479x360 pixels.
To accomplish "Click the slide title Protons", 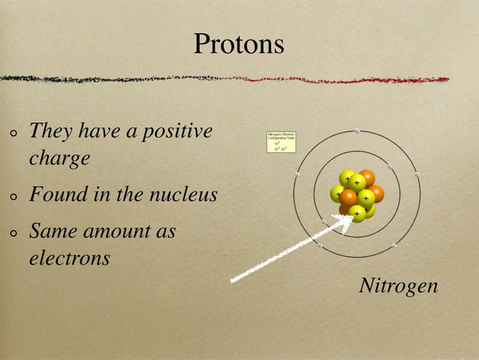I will [x=239, y=44].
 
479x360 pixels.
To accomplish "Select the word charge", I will [x=59, y=159].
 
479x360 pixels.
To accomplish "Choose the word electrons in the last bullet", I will [x=69, y=259].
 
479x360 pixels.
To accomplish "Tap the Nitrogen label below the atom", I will [x=398, y=286].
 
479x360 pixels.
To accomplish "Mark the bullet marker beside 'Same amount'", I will [x=14, y=234].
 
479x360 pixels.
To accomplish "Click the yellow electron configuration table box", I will [x=282, y=141].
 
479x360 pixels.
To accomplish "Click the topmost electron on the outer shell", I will [x=358, y=131].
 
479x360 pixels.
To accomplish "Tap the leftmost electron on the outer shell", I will [x=297, y=175].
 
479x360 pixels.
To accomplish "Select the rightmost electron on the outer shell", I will [x=417, y=176].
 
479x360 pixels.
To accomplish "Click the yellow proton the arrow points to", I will [x=357, y=213].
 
